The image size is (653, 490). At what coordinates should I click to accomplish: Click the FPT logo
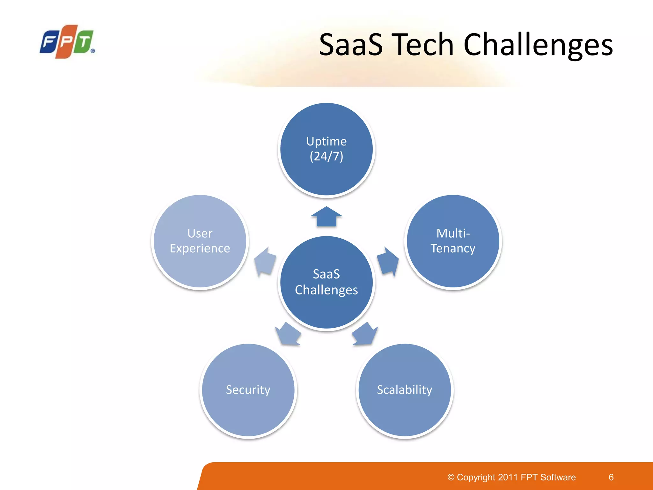pos(67,41)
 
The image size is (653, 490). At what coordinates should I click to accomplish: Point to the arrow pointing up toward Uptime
pos(326,217)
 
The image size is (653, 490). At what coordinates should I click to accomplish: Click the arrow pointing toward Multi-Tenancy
pos(388,261)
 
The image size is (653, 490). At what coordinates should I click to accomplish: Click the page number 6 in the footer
pos(611,477)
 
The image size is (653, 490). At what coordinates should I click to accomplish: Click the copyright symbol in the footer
pos(451,477)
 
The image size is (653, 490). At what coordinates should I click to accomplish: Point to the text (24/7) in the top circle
pos(326,156)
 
